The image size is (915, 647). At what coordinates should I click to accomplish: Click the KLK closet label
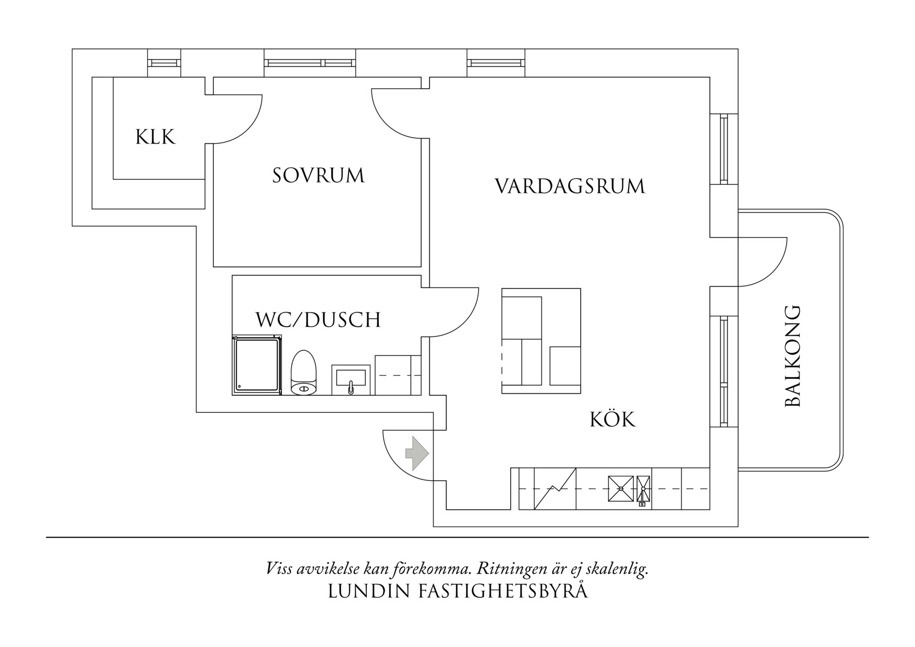[x=155, y=137]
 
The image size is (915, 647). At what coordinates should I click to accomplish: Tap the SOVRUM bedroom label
[x=318, y=175]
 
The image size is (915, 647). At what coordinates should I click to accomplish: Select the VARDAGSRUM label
[x=570, y=186]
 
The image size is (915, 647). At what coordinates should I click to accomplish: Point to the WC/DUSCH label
[x=318, y=319]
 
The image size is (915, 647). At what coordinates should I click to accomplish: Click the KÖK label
[x=612, y=420]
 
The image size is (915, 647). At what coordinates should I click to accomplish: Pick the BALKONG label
[x=792, y=356]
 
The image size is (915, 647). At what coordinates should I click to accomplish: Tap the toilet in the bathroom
[x=304, y=373]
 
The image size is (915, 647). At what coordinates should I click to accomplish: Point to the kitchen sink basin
[x=621, y=489]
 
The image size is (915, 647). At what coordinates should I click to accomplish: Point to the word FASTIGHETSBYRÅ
[x=503, y=591]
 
